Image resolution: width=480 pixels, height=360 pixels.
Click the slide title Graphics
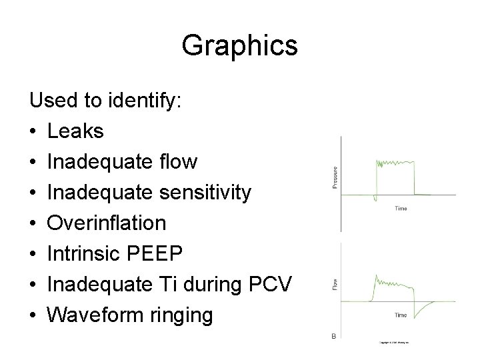click(x=239, y=46)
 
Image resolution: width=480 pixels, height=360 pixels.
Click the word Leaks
click(x=75, y=131)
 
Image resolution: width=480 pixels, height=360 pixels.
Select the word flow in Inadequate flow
click(x=179, y=162)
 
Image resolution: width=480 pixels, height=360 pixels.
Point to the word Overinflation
click(x=107, y=223)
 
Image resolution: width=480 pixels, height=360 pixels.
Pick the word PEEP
click(x=165, y=253)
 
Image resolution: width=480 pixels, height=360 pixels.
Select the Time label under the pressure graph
click(x=401, y=208)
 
